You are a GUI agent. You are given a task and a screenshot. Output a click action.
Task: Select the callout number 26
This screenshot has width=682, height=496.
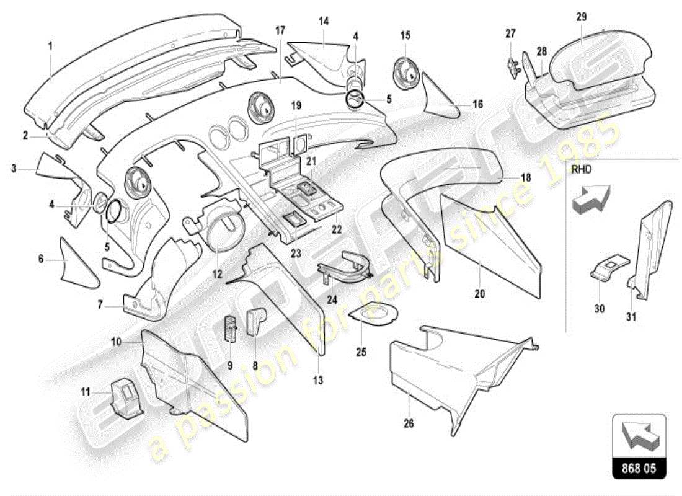[408, 424]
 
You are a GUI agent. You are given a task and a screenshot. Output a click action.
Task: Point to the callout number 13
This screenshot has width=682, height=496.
[317, 381]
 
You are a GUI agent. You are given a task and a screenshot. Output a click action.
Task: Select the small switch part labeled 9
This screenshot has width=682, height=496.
[231, 328]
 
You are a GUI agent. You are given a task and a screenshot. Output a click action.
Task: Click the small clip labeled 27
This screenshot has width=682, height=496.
[511, 63]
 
